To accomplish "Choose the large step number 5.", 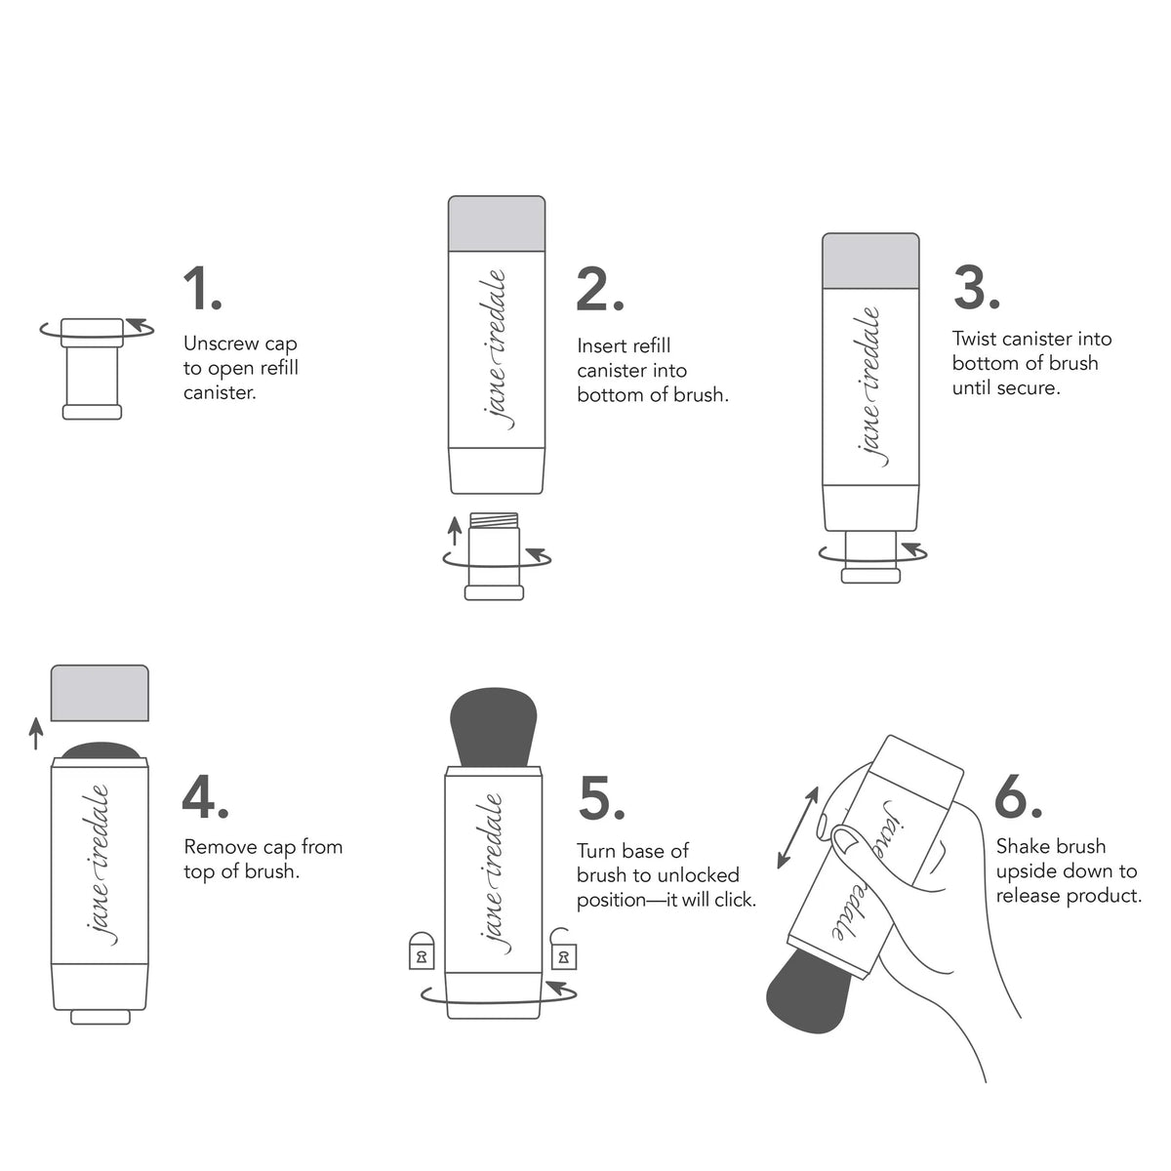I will click(x=600, y=797).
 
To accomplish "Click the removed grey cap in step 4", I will click(x=99, y=693).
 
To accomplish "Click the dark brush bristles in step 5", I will click(x=495, y=728).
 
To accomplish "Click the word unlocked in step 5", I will click(x=700, y=875).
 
